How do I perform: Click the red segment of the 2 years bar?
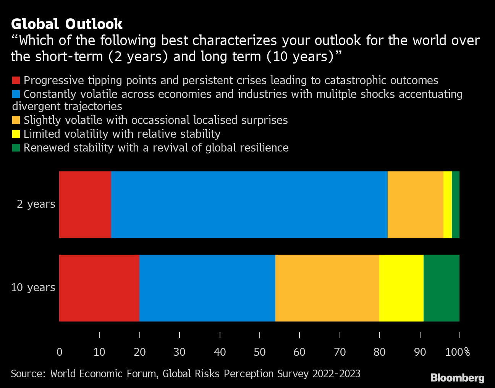coord(85,204)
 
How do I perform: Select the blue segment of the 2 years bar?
coord(249,204)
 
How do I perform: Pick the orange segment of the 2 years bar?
coord(415,204)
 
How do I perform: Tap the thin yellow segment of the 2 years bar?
coord(448,204)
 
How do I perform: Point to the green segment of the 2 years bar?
coord(456,204)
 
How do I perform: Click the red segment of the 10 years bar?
coord(99,288)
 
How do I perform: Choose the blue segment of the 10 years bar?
coord(207,288)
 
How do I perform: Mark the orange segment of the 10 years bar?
coord(327,288)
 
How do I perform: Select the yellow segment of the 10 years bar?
coord(401,288)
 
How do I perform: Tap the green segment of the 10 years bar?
coord(442,288)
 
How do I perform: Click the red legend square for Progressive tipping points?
coord(16,80)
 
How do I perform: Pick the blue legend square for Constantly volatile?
coord(16,94)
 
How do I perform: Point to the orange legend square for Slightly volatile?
coord(16,120)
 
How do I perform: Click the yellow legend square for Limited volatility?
coord(16,134)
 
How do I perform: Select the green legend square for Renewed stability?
coord(16,148)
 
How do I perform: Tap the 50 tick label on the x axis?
coord(260,352)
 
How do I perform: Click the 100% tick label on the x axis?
coord(458,352)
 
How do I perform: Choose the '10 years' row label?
coord(33,287)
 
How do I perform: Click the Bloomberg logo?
coord(457,378)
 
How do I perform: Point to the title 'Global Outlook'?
coord(67,24)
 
